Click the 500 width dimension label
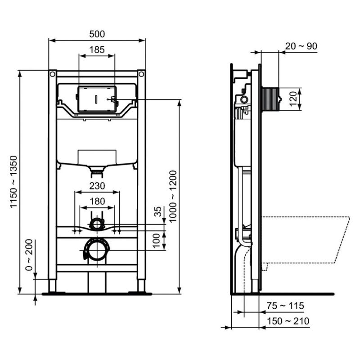pos(97,34)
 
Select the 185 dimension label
pos(97,49)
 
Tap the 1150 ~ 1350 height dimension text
pos(13,181)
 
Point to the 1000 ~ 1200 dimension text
pos(173,196)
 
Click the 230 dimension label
pos(97,186)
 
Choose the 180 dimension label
pos(97,201)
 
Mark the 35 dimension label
pos(157,211)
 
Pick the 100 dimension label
pos(156,240)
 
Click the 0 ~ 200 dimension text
pos(29,255)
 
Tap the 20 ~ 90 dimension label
pos(301,46)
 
